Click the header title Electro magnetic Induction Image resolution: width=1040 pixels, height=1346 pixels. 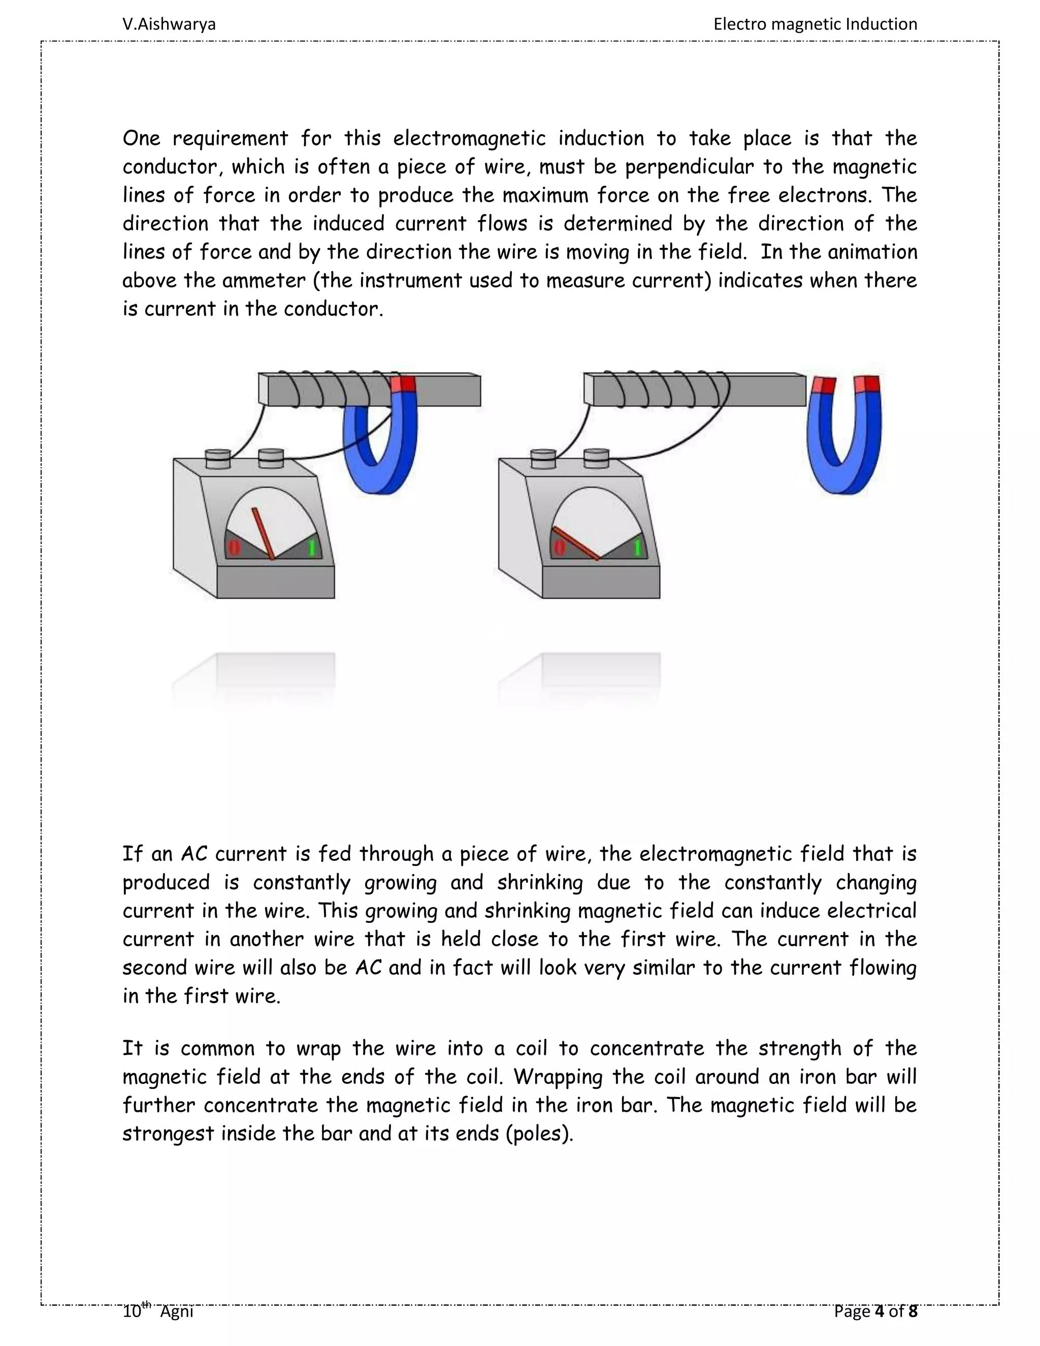tap(815, 24)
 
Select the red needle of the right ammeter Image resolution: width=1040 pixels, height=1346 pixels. tap(576, 544)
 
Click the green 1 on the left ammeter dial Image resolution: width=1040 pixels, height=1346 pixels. tap(312, 547)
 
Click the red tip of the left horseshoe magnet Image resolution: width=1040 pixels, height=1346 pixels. tap(404, 384)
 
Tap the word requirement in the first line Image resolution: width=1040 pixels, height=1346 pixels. tap(230, 139)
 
